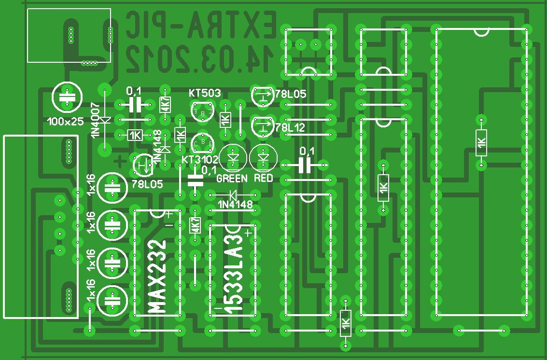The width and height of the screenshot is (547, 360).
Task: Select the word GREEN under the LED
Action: pos(232,179)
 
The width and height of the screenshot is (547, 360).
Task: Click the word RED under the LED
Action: pos(264,179)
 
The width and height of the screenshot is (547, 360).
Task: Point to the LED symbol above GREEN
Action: pos(233,158)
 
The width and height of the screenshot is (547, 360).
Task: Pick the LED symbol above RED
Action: pos(263,158)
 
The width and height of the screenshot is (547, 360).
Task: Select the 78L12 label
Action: pos(290,128)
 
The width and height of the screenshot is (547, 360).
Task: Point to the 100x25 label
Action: pos(66,122)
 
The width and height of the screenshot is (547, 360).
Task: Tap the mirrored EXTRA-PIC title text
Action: pos(201,25)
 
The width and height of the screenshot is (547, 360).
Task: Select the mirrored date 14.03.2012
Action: pos(201,58)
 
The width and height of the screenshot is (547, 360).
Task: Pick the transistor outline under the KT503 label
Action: pos(202,112)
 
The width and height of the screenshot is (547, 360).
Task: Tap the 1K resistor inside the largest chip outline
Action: pos(481,143)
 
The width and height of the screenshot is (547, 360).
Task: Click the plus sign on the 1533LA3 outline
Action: pos(248,234)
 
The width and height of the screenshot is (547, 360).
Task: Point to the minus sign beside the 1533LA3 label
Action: pos(218,307)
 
